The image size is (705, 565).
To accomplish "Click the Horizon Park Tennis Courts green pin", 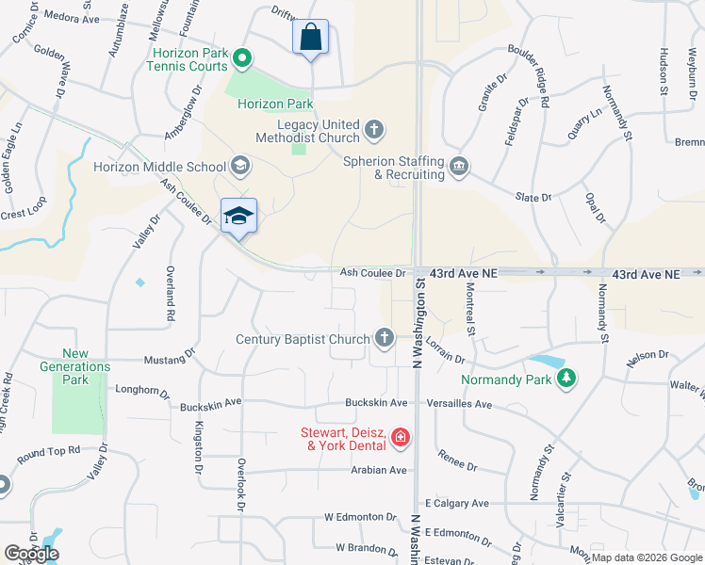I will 242,59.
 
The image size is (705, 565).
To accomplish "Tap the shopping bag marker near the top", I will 311,39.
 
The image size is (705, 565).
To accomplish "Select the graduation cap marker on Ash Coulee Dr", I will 238,217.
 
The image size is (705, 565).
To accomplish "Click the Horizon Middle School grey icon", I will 239,167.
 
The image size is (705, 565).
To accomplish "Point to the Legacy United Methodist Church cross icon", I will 374,129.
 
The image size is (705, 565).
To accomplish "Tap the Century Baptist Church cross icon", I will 384,337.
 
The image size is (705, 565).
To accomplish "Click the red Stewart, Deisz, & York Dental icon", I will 401,436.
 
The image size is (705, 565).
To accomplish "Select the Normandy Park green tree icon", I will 566,379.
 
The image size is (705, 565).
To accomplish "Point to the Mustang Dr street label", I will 169,359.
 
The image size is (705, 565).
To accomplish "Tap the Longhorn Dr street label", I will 141,388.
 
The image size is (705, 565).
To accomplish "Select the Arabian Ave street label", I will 378,470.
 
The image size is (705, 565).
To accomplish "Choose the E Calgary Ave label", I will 458,504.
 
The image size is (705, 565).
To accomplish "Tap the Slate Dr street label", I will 533,198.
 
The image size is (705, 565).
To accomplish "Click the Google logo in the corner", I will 31,554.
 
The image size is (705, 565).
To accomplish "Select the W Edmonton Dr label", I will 360,517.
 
